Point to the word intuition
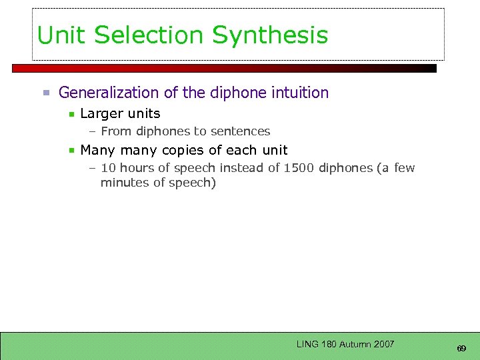tap(299, 93)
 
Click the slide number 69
tap(461, 349)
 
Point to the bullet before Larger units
tap(71, 114)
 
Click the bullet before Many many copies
tap(71, 151)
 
